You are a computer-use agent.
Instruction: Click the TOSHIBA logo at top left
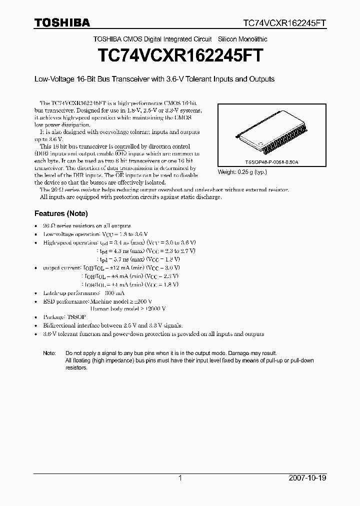tap(62, 22)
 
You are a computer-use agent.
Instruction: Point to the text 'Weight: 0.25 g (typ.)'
tap(242, 172)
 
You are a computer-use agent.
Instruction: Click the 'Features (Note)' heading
tap(61, 213)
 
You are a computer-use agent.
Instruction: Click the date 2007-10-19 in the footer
tap(307, 478)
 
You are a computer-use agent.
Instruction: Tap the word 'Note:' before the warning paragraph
tap(49, 353)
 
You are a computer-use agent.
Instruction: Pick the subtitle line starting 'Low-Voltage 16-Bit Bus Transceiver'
tap(154, 79)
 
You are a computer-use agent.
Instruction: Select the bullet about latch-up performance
tap(84, 293)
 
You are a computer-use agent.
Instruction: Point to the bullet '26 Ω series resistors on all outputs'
tap(87, 226)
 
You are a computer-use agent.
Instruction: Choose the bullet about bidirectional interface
tap(112, 325)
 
